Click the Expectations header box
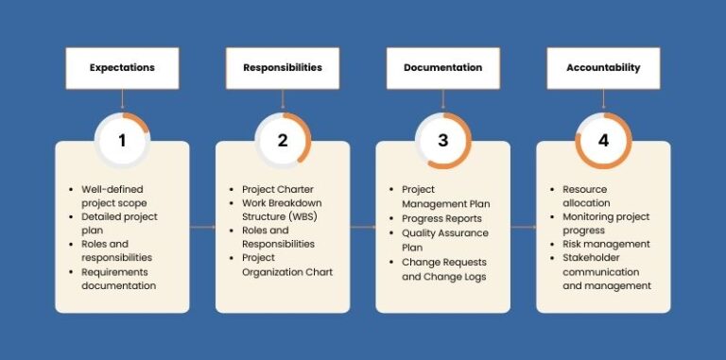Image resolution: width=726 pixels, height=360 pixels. tap(122, 68)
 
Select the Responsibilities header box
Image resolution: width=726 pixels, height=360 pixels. tap(283, 68)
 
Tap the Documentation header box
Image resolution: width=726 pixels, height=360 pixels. tap(442, 68)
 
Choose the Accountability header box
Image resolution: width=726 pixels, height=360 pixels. tap(603, 68)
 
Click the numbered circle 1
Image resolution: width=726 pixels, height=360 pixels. tap(122, 141)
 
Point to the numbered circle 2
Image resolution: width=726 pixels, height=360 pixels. tap(283, 141)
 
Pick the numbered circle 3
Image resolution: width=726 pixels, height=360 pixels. tap(442, 141)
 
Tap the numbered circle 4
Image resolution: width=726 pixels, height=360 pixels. tap(603, 141)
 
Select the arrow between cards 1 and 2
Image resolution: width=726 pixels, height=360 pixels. tap(202, 227)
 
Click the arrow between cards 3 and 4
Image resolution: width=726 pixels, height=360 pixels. tap(523, 227)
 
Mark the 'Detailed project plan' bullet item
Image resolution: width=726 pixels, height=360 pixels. tap(120, 224)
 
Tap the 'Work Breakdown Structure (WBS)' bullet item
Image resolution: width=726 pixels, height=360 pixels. tap(283, 210)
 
